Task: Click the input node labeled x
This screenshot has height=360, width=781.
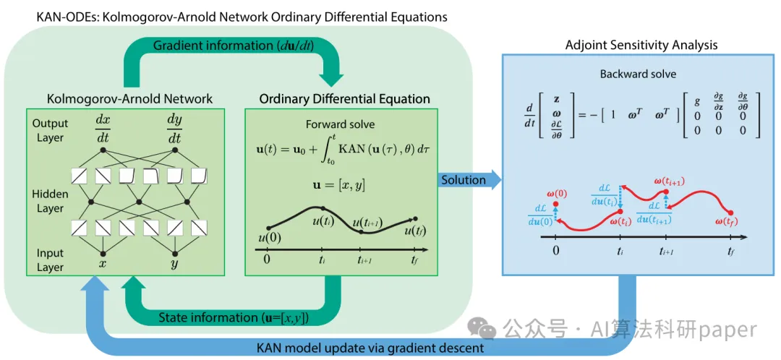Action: pyautogui.click(x=103, y=252)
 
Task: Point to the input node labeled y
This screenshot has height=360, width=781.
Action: pyautogui.click(x=174, y=252)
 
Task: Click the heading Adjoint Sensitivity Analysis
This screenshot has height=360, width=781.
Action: pyautogui.click(x=641, y=45)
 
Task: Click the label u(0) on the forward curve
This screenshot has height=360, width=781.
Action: pyautogui.click(x=270, y=238)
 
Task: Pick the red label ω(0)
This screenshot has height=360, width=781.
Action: pyautogui.click(x=557, y=194)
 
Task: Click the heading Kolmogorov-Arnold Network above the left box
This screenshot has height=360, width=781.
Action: pyautogui.click(x=129, y=99)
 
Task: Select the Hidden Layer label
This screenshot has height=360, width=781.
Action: pyautogui.click(x=51, y=200)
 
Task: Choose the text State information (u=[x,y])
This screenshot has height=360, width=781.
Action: pyautogui.click(x=234, y=317)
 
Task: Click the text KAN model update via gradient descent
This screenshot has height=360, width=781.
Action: pyautogui.click(x=370, y=347)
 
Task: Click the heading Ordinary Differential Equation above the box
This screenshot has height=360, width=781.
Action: pyautogui.click(x=345, y=99)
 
